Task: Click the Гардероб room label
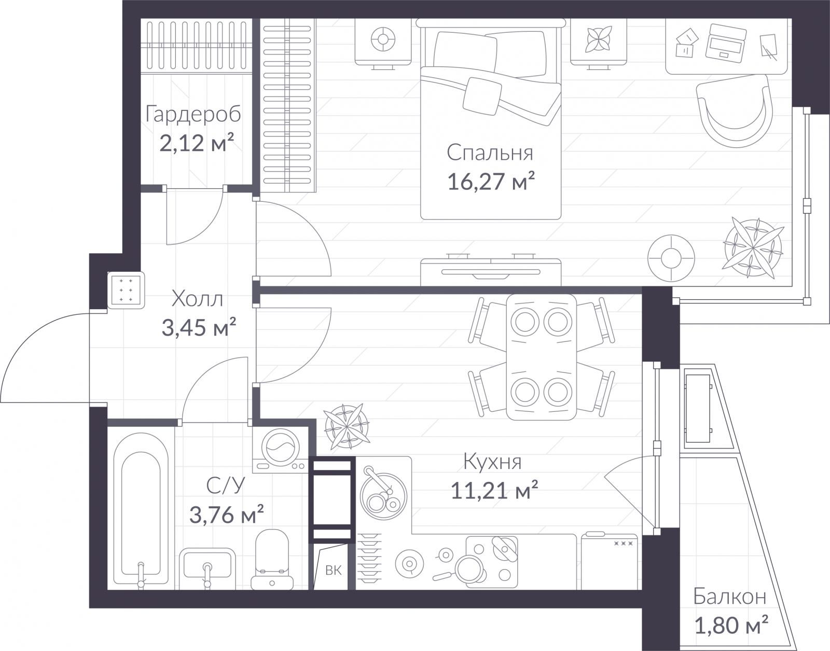pos(193,114)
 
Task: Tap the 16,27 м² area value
pos(491,182)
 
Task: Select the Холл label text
pos(197,299)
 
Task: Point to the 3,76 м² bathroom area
pos(227,515)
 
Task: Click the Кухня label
pos(492,462)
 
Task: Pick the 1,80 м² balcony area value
pos(731,626)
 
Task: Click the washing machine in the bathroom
pos(280,450)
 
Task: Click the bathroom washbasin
pos(208,569)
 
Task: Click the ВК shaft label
pos(333,571)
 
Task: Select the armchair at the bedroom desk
pos(734,110)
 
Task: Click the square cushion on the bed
pos(482,96)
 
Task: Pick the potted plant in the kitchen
pos(347,426)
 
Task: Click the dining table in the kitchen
pos(541,357)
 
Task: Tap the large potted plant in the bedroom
pos(753,248)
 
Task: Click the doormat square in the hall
pos(126,290)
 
